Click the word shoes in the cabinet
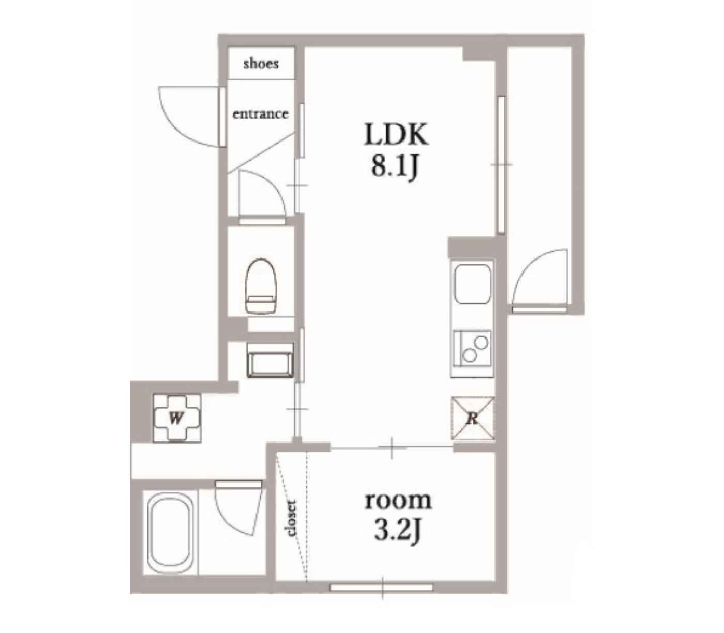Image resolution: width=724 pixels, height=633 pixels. (261, 64)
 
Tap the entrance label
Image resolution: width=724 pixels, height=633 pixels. (261, 114)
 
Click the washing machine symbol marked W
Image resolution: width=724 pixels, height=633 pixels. (177, 419)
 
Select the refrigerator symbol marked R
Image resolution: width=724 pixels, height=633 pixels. (472, 419)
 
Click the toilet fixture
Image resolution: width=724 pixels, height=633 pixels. (261, 286)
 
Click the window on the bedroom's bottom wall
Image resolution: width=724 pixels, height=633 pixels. (382, 588)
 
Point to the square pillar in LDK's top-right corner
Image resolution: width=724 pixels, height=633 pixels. (479, 53)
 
